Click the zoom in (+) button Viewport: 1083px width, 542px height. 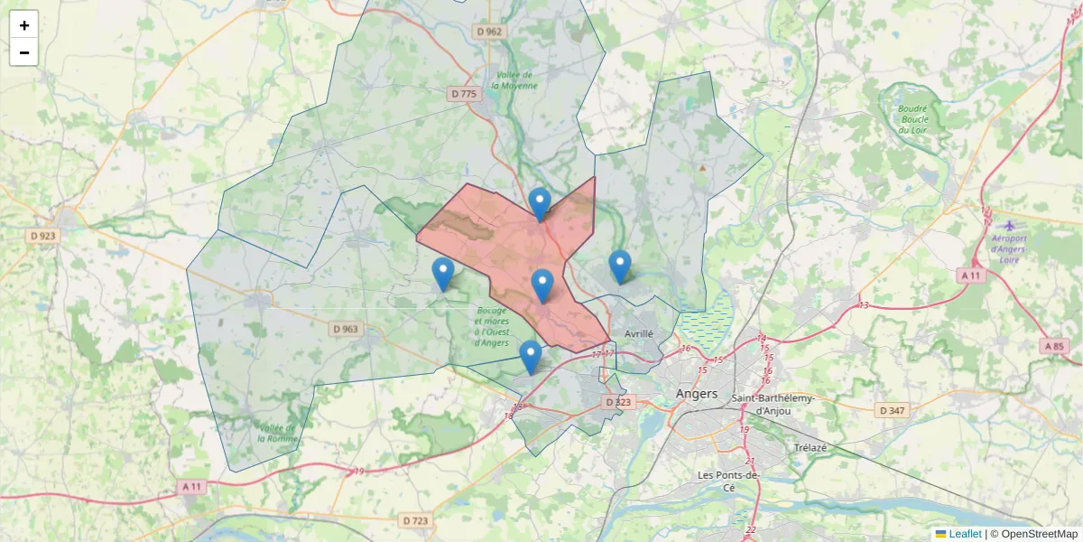click(x=24, y=24)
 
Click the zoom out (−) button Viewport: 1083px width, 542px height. click(x=24, y=52)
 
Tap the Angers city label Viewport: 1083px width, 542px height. click(x=697, y=394)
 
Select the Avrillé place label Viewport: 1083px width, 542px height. click(x=638, y=333)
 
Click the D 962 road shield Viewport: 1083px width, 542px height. click(x=489, y=32)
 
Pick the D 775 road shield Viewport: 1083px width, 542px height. click(x=463, y=94)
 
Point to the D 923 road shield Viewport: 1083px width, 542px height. click(x=43, y=236)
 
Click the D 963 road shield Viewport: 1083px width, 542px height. click(x=345, y=329)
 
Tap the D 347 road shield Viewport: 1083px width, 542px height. click(x=892, y=411)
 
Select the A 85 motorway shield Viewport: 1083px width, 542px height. click(x=1054, y=346)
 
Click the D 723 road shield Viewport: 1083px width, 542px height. click(x=416, y=520)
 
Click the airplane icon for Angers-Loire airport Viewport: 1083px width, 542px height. click(x=1009, y=225)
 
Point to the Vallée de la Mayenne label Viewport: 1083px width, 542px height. click(x=514, y=80)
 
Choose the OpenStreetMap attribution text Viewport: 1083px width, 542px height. click(x=1039, y=534)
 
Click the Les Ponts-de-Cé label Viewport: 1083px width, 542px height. click(x=730, y=481)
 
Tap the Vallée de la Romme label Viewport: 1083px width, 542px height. click(x=277, y=433)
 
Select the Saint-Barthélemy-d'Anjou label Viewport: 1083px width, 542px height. click(x=773, y=404)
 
